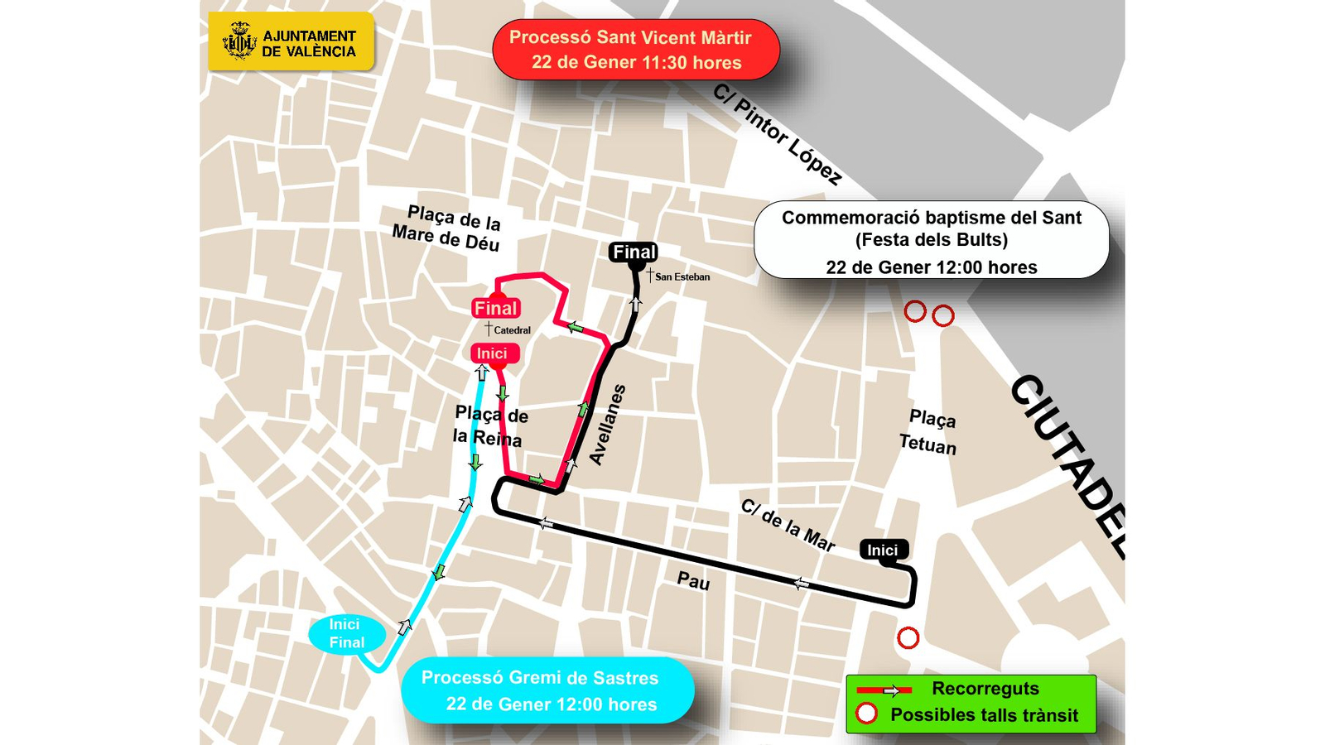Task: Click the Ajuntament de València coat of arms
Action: [x=239, y=41]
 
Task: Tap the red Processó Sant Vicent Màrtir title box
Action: [x=636, y=50]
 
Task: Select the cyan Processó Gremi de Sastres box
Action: [x=547, y=690]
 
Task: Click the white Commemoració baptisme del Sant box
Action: [x=931, y=240]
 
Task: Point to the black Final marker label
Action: [x=634, y=252]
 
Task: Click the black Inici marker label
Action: [x=884, y=550]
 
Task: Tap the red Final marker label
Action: [x=495, y=308]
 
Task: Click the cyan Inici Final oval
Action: [x=347, y=634]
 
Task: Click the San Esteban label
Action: [x=682, y=276]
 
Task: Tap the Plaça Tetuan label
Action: [x=929, y=432]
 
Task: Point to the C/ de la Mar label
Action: [x=787, y=526]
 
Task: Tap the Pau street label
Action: [x=693, y=582]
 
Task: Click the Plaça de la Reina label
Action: [x=490, y=425]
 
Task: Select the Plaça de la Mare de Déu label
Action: [x=448, y=228]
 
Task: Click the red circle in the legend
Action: [x=866, y=714]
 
